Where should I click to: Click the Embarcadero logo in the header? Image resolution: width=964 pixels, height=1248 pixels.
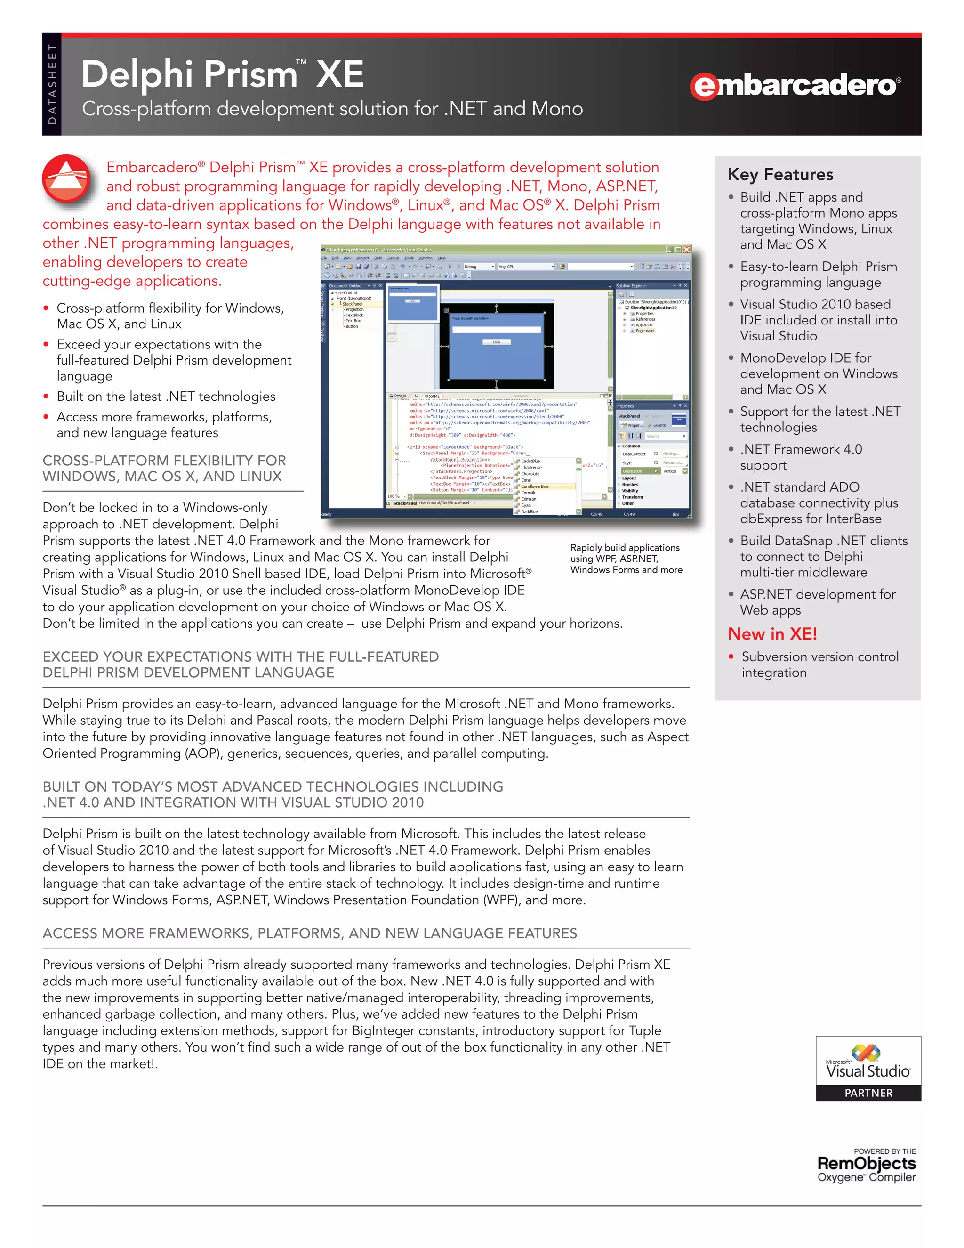click(795, 86)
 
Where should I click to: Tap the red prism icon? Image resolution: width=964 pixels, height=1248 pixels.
click(67, 179)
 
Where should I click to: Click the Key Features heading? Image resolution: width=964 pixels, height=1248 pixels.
click(780, 174)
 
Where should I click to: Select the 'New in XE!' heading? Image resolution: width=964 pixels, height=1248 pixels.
click(772, 634)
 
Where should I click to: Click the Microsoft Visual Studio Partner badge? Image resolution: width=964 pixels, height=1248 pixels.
click(868, 1068)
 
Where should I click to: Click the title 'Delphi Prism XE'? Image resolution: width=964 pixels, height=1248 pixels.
click(223, 74)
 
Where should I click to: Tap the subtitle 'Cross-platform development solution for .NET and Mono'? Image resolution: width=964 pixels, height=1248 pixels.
click(332, 109)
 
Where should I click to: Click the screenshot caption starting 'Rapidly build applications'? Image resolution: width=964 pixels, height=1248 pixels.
click(626, 558)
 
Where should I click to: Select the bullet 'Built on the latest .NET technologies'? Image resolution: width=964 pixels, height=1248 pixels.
click(166, 396)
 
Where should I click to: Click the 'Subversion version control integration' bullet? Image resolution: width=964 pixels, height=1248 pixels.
click(819, 665)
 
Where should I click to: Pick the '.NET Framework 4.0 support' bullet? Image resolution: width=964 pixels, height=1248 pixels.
click(801, 457)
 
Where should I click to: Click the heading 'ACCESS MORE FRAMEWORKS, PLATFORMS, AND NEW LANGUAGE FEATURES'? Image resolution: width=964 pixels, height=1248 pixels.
click(310, 933)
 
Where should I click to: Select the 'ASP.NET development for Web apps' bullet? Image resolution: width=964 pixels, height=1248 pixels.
click(817, 602)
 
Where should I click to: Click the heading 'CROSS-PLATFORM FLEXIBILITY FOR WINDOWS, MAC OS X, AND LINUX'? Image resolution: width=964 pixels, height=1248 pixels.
click(164, 469)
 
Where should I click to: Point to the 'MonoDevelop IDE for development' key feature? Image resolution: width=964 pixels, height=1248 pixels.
click(819, 374)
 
